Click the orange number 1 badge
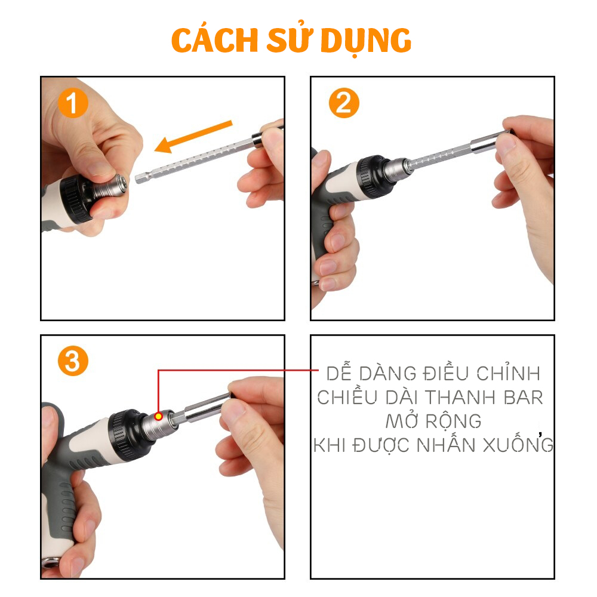click(73, 103)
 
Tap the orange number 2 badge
click(344, 103)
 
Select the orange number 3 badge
click(73, 361)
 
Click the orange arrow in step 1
click(193, 137)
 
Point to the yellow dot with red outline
click(158, 417)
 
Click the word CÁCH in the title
click(215, 40)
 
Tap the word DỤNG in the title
click(366, 41)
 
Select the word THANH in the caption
click(460, 398)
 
